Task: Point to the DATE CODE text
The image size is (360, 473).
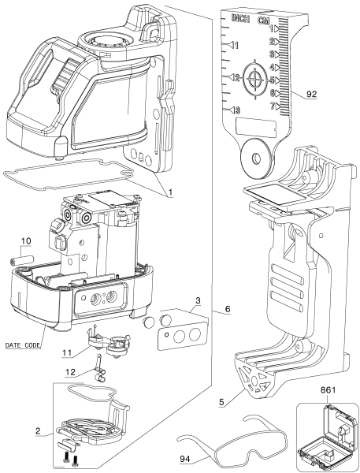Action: click(24, 345)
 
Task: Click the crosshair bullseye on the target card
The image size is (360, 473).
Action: click(255, 79)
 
